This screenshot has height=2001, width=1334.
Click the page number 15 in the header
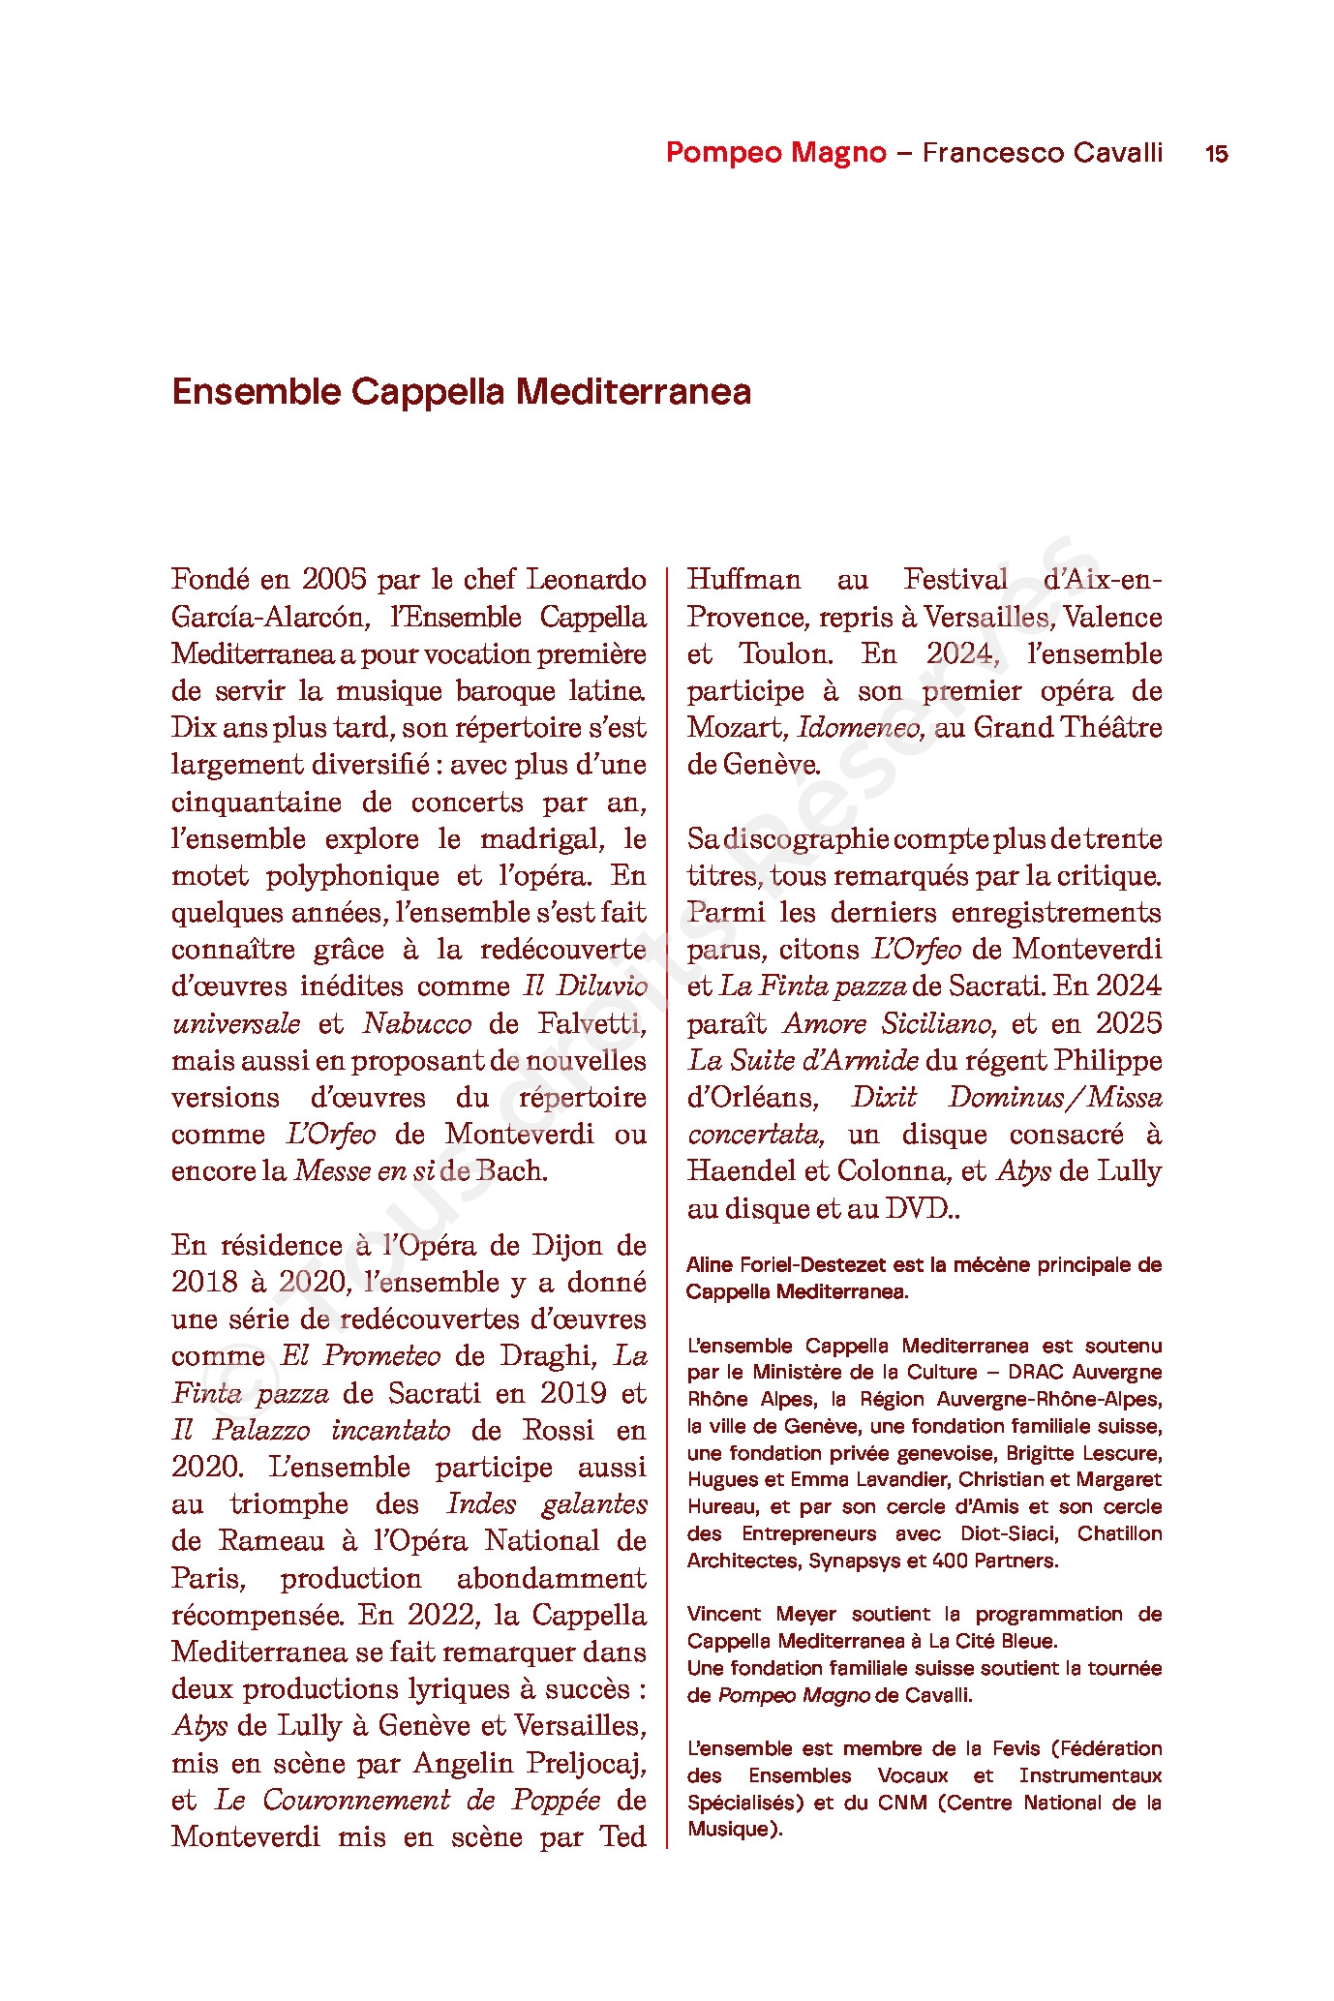point(1216,154)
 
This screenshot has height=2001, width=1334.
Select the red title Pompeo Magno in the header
point(775,153)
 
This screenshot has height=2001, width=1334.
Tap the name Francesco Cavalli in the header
point(1042,153)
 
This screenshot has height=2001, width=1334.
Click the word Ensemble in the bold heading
point(257,392)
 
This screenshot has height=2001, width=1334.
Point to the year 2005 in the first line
point(334,580)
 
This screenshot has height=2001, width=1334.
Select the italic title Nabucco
point(417,1023)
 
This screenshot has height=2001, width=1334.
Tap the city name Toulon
point(785,654)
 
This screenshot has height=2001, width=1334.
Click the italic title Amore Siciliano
point(888,1023)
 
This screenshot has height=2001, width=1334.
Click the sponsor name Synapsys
point(850,1561)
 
